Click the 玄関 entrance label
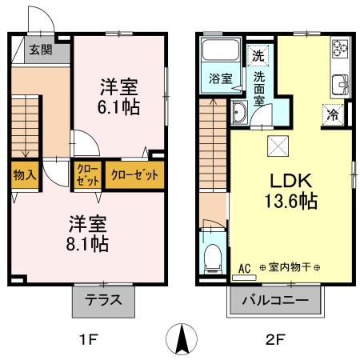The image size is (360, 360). tap(41, 50)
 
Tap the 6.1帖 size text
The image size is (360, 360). tap(118, 106)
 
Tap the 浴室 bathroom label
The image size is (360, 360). tap(221, 78)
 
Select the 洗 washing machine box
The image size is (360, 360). tap(258, 56)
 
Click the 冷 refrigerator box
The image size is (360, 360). tap(334, 114)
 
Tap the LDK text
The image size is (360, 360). tap(292, 178)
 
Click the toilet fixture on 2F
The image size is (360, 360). tap(212, 257)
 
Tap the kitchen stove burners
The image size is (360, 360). tap(339, 50)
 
